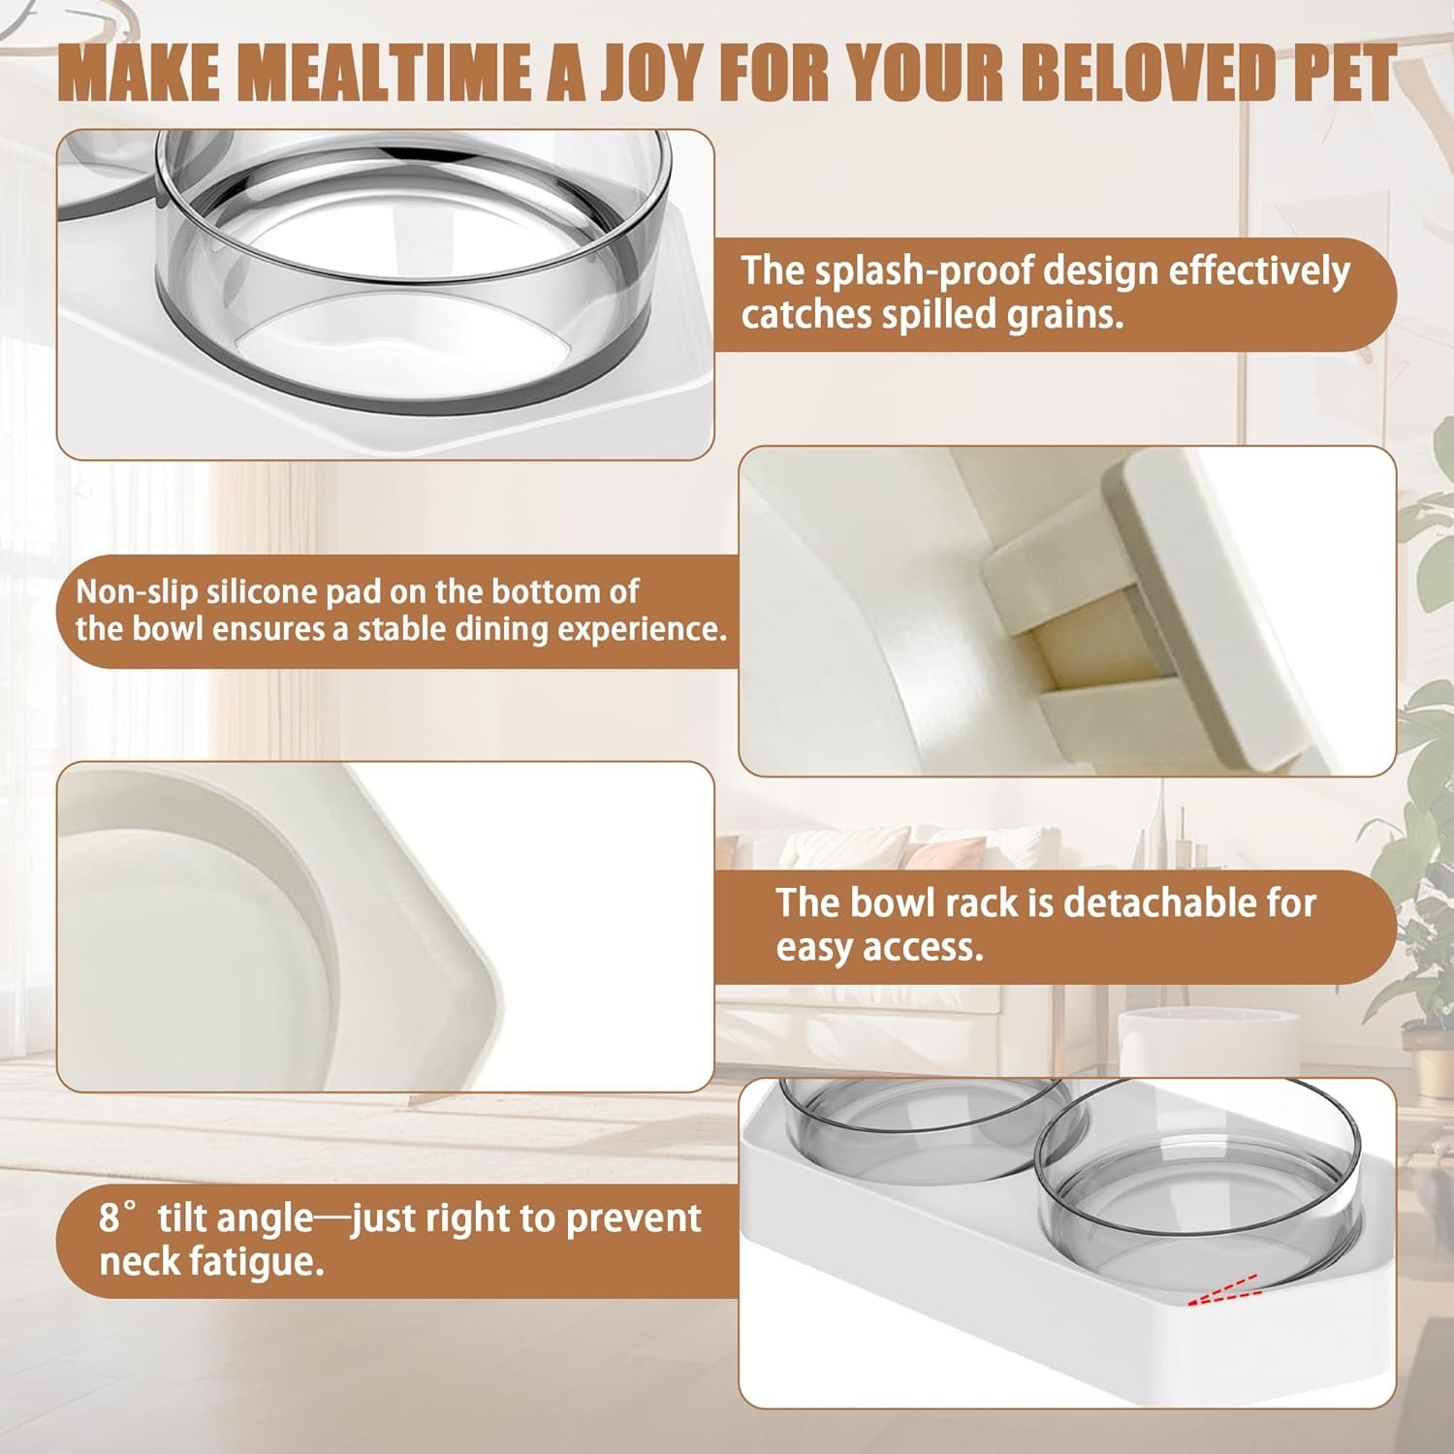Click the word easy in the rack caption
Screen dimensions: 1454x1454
[815, 948]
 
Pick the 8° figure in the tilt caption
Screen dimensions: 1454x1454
[120, 1217]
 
